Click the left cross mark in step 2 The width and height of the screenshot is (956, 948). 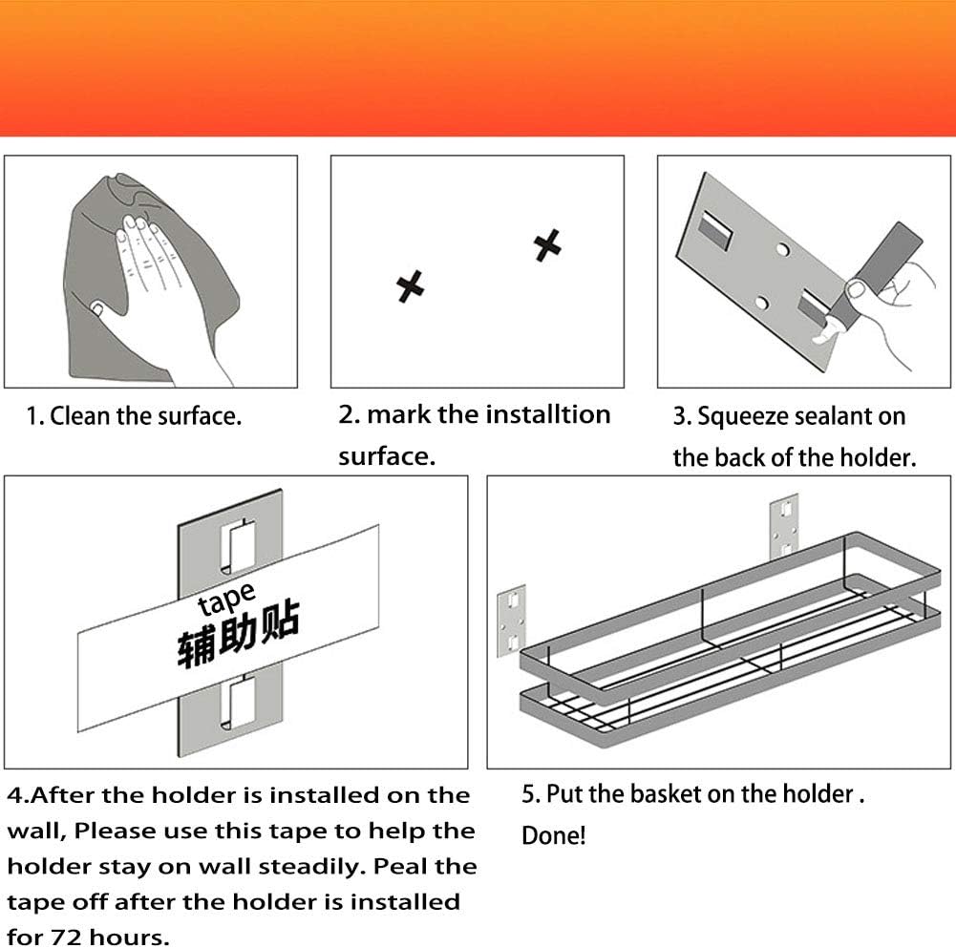410,286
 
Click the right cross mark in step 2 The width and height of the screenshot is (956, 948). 547,245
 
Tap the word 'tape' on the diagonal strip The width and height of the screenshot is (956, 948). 226,599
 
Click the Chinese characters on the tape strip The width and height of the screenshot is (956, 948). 239,633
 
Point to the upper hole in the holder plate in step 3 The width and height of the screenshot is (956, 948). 782,249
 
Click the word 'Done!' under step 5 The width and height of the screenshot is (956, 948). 554,835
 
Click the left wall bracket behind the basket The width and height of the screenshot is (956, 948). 511,621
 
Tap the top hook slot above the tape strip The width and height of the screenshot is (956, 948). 238,547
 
